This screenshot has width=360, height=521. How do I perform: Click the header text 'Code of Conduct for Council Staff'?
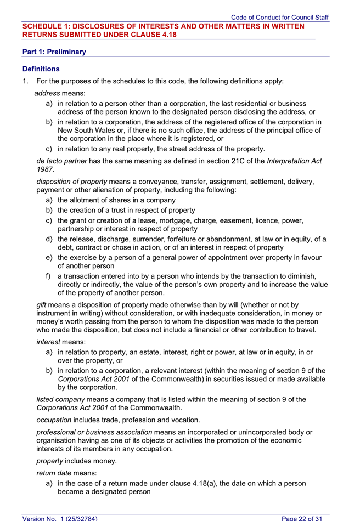(280, 18)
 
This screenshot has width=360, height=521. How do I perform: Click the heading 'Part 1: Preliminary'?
(54, 52)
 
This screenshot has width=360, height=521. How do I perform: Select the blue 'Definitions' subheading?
(41, 69)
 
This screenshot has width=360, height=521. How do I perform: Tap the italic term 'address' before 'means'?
(47, 93)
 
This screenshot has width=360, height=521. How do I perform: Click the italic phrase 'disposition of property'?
(71, 182)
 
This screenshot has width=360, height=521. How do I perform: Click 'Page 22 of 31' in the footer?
(305, 517)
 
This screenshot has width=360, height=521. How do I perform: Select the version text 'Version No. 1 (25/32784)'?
(60, 517)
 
